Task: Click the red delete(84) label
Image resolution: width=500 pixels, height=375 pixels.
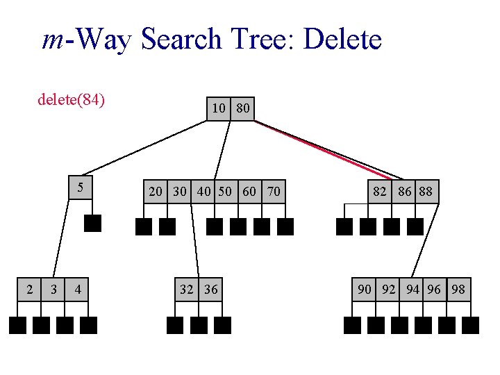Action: pyautogui.click(x=71, y=100)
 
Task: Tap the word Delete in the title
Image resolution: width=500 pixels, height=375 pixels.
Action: pyautogui.click(x=342, y=40)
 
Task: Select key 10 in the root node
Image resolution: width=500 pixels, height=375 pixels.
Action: pyautogui.click(x=219, y=108)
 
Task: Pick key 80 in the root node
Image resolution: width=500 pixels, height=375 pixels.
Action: pyautogui.click(x=243, y=108)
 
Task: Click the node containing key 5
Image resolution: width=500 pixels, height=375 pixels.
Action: pyautogui.click(x=81, y=187)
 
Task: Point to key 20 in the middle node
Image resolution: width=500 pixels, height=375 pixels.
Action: pyautogui.click(x=156, y=192)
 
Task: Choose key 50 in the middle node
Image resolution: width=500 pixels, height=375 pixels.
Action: pyautogui.click(x=225, y=192)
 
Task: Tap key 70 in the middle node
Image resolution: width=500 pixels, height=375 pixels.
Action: pyautogui.click(x=274, y=192)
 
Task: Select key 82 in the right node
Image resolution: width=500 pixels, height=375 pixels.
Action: pyautogui.click(x=380, y=192)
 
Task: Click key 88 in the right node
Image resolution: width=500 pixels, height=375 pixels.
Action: pyautogui.click(x=426, y=192)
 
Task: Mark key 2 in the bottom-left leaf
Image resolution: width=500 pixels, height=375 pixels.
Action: pyautogui.click(x=29, y=289)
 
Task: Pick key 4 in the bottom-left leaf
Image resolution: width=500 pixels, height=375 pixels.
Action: pyautogui.click(x=78, y=289)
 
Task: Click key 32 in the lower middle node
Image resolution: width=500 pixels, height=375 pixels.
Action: pyautogui.click(x=187, y=289)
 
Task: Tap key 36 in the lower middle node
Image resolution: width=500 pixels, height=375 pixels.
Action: pyautogui.click(x=211, y=289)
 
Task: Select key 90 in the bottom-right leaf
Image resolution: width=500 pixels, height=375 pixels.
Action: pyautogui.click(x=365, y=289)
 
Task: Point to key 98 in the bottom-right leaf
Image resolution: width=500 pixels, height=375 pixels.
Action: pyautogui.click(x=458, y=289)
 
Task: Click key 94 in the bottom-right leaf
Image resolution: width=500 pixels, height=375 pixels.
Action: pyautogui.click(x=412, y=289)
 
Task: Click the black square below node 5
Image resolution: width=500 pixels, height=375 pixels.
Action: pyautogui.click(x=92, y=224)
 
